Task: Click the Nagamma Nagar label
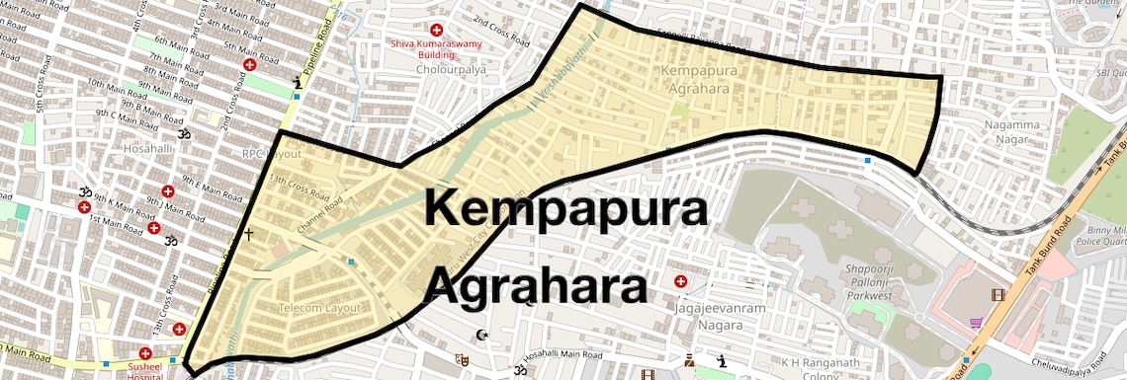coord(1014,133)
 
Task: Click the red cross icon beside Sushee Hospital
coord(145,353)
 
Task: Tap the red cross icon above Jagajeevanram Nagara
coord(680,282)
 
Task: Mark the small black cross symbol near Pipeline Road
coord(248,235)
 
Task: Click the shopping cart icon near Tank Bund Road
coord(976,322)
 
